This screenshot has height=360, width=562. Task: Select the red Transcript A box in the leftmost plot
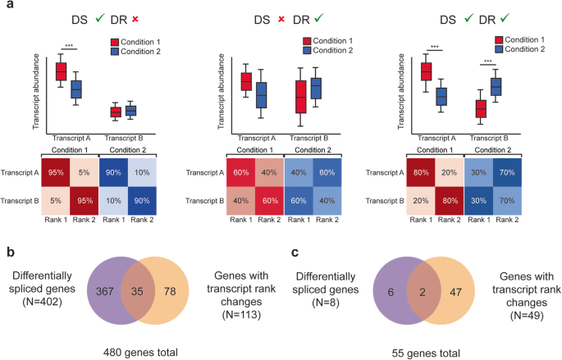coord(61,71)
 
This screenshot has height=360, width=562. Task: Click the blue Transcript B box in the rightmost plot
coord(496,86)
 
